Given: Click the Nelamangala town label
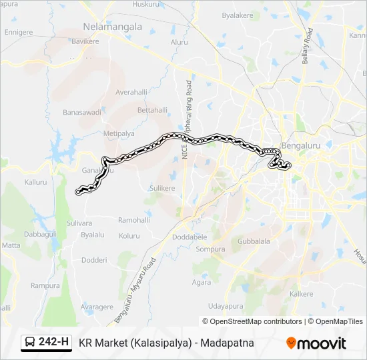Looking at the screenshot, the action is click(113, 27).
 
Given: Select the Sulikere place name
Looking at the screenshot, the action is click(161, 189).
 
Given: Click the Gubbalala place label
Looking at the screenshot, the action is click(253, 241).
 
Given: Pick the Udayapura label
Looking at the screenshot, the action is click(225, 306).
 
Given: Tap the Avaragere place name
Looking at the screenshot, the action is click(97, 307).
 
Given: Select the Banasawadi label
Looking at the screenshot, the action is click(81, 113).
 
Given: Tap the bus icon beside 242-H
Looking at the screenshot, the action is click(31, 343).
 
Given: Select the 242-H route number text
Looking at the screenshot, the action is click(54, 343).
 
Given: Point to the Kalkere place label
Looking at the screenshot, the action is click(302, 293).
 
